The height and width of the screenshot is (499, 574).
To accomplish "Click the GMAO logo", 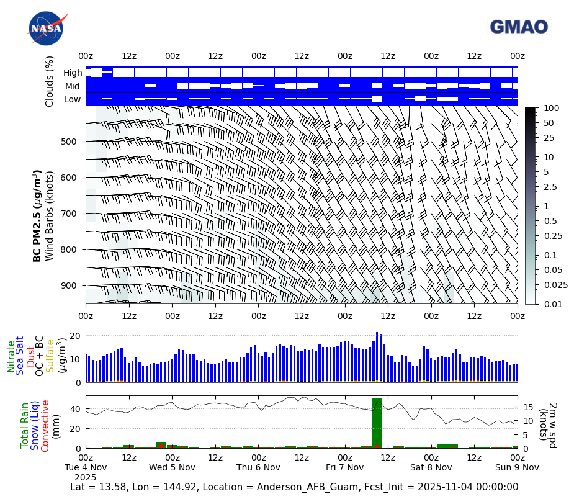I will pyautogui.click(x=519, y=27).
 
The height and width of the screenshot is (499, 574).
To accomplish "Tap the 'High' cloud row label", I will pyautogui.click(x=72, y=73).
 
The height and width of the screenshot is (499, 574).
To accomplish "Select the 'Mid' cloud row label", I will pyautogui.click(x=73, y=86).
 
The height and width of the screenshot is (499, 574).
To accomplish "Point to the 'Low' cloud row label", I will pyautogui.click(x=73, y=99).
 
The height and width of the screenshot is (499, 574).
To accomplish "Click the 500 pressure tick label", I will pyautogui.click(x=68, y=142).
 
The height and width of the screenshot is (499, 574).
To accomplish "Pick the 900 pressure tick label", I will pyautogui.click(x=68, y=285).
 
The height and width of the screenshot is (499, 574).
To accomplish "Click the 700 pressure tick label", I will pyautogui.click(x=68, y=214).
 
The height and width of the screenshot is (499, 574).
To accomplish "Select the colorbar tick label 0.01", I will pyautogui.click(x=554, y=304).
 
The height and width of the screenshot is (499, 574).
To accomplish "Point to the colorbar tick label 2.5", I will pyautogui.click(x=550, y=187).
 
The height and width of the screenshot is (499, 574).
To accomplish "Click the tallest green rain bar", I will pyautogui.click(x=377, y=422).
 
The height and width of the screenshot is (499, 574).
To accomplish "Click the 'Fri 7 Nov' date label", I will pyautogui.click(x=344, y=467).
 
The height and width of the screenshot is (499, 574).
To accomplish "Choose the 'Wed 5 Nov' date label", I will pyautogui.click(x=172, y=467).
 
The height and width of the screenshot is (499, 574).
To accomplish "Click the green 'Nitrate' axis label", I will pyautogui.click(x=11, y=356).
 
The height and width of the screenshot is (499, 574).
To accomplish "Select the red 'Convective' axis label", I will pyautogui.click(x=45, y=425).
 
